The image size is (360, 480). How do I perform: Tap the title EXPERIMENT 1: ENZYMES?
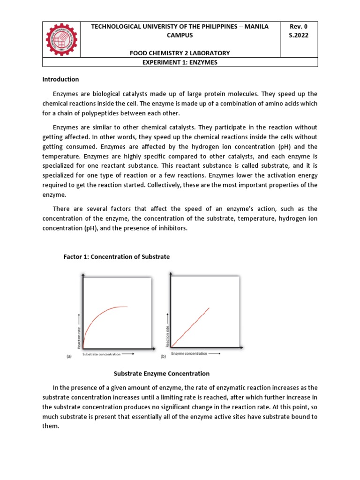(180, 62)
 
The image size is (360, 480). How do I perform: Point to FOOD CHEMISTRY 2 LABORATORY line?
(180, 53)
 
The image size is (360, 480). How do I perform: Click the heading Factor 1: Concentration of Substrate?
(117, 257)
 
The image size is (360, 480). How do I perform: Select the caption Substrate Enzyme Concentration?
(162, 374)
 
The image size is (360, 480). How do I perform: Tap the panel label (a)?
(69, 356)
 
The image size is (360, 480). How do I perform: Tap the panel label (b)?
(164, 356)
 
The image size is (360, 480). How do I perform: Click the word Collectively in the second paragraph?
(167, 185)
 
